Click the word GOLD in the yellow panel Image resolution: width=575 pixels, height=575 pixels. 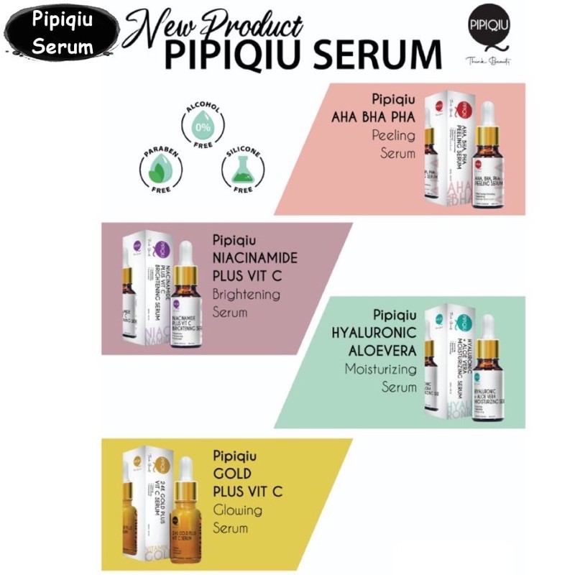[231, 474]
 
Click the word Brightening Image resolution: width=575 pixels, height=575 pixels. [247, 295]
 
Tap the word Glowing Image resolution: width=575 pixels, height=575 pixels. [238, 510]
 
